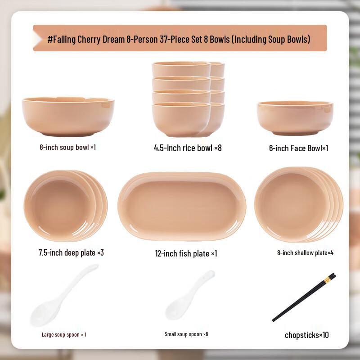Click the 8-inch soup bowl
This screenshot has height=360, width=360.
pyautogui.click(x=68, y=116)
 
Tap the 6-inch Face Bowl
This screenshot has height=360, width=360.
pyautogui.click(x=295, y=117)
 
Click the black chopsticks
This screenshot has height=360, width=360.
pyautogui.click(x=304, y=297)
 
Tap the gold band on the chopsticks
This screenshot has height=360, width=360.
pyautogui.click(x=327, y=280)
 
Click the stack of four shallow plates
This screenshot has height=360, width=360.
pyautogui.click(x=298, y=204)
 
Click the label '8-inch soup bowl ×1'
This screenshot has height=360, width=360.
pyautogui.click(x=67, y=147)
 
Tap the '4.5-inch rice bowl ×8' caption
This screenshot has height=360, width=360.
pyautogui.click(x=188, y=148)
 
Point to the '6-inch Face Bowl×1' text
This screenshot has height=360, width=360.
pyautogui.click(x=299, y=148)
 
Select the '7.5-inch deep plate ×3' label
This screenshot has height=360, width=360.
pyautogui.click(x=71, y=252)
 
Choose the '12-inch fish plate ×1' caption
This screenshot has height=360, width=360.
pyautogui.click(x=186, y=254)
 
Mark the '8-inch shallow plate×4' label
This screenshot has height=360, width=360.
pyautogui.click(x=305, y=253)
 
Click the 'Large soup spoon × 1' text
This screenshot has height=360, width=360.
pyautogui.click(x=64, y=335)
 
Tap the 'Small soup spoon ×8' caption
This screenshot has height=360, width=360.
pyautogui.click(x=186, y=334)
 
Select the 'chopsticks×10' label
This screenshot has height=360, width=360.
pyautogui.click(x=306, y=335)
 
